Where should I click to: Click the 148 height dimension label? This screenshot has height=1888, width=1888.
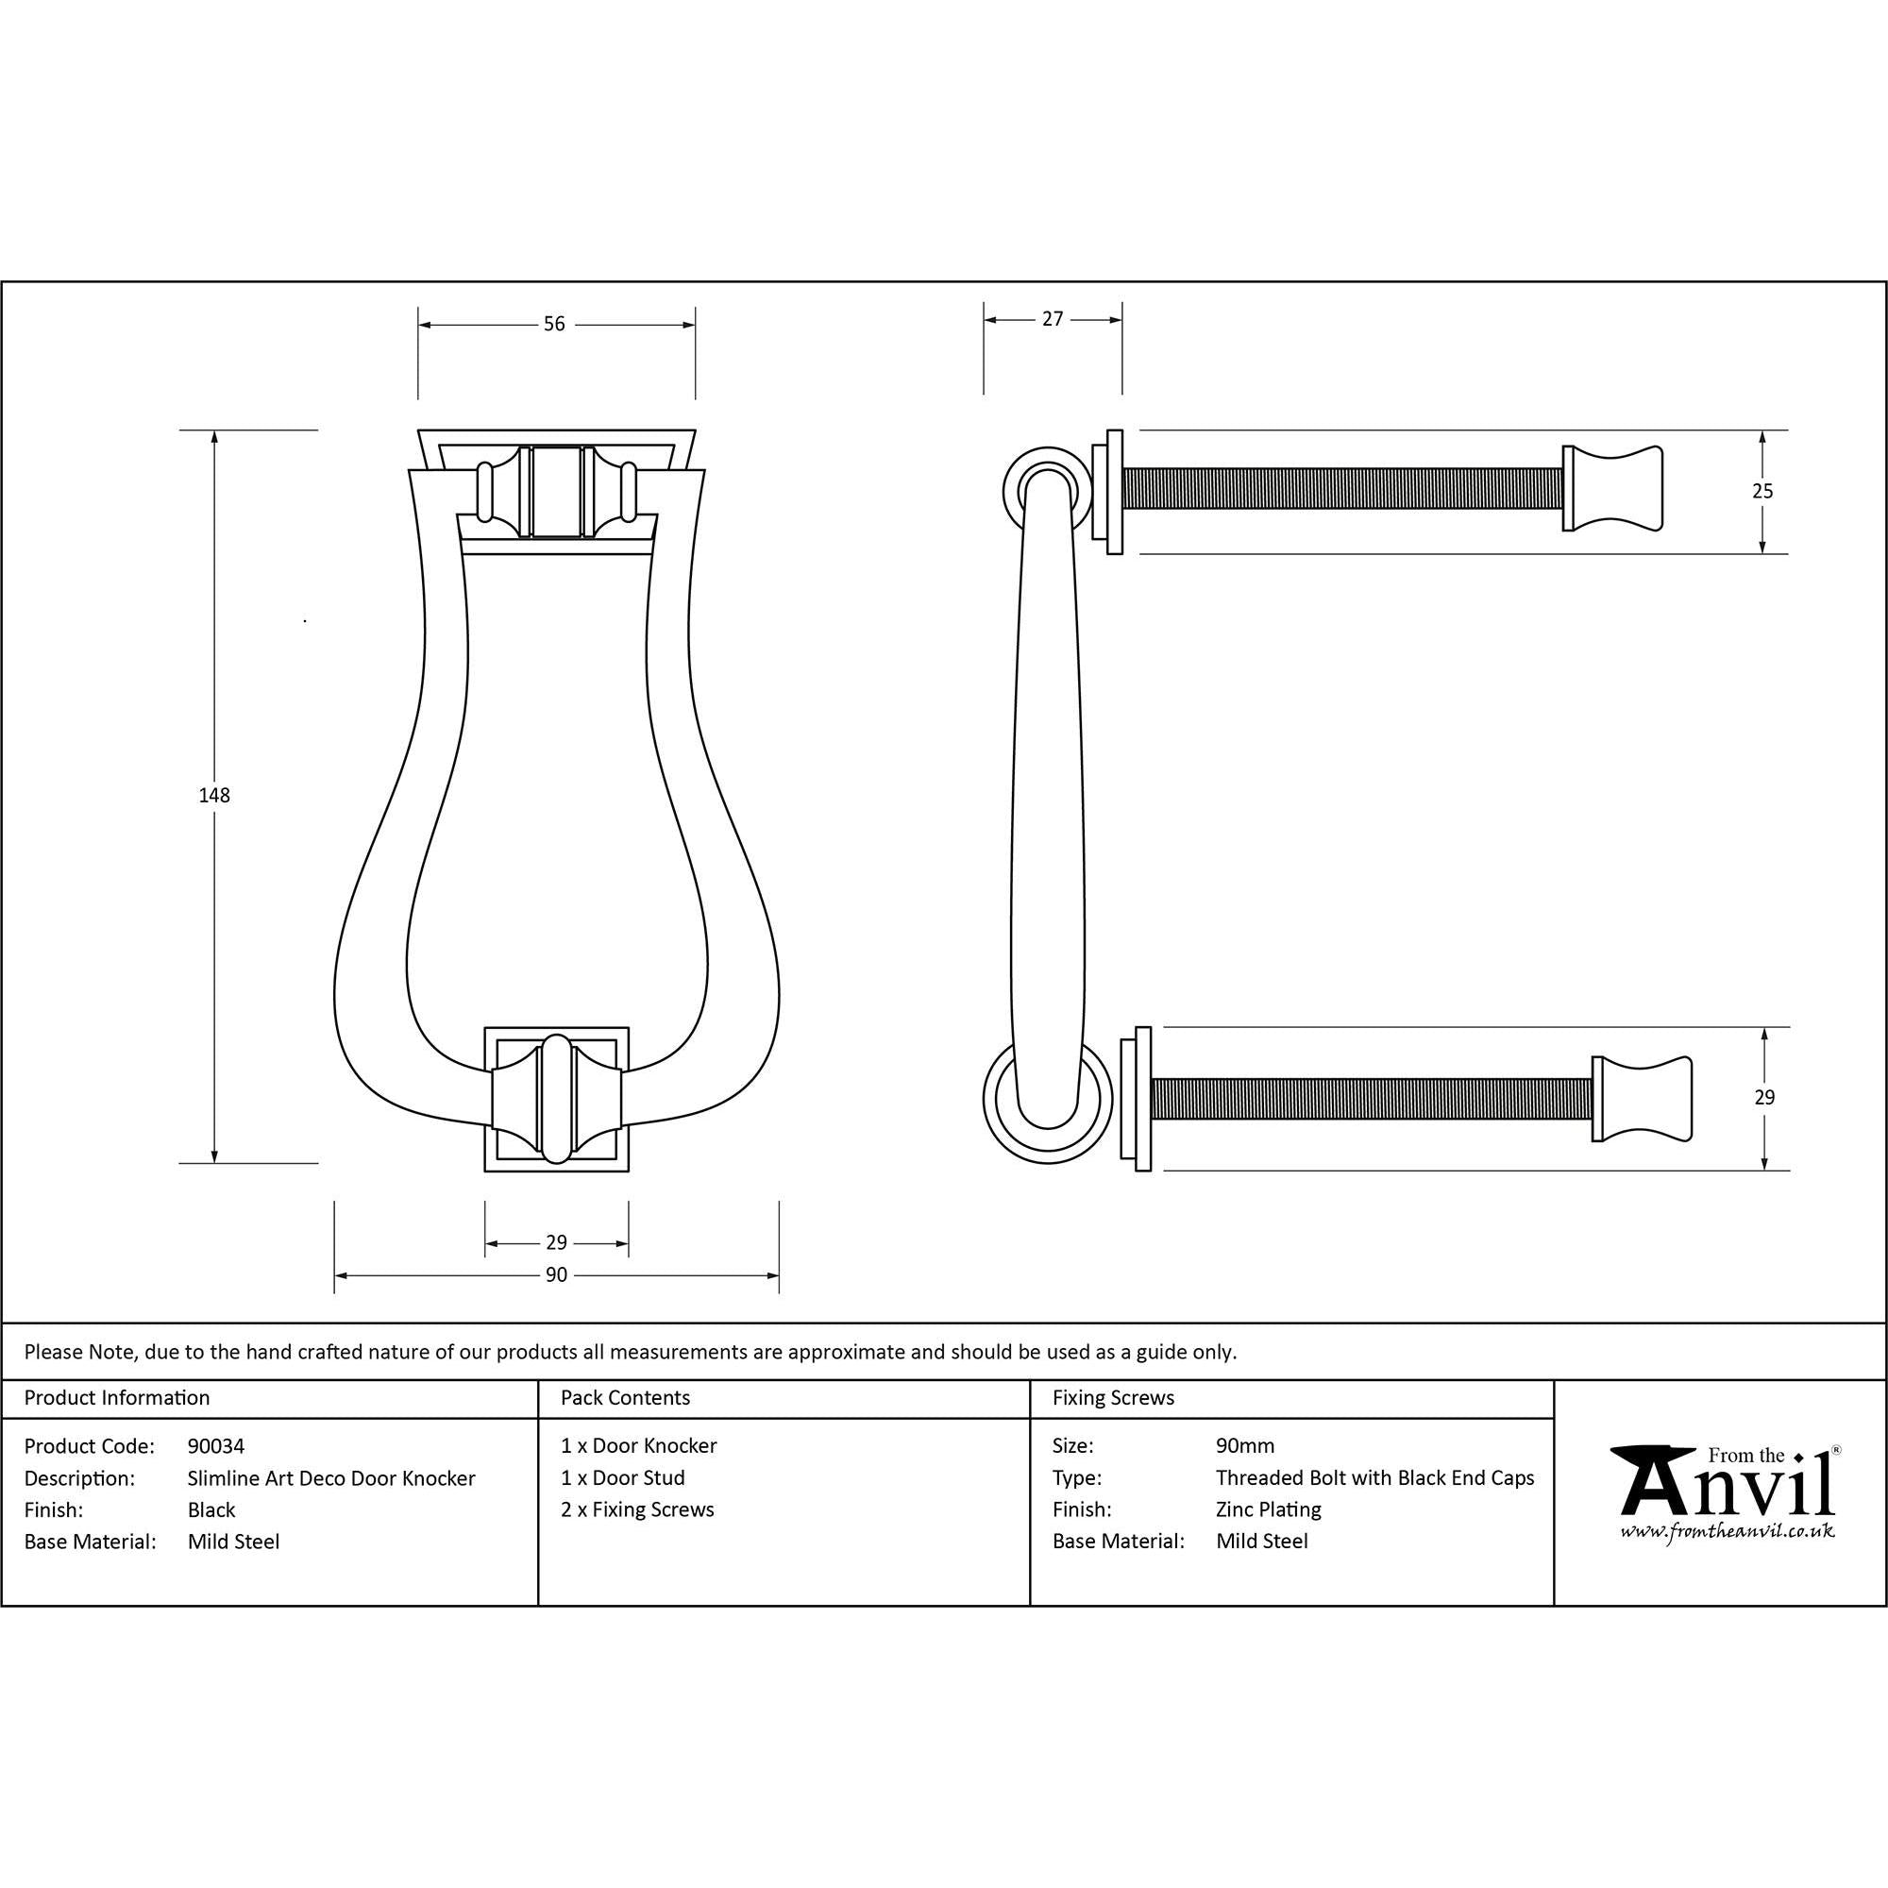[x=214, y=796]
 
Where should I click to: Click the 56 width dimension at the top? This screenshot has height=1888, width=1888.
[x=554, y=324]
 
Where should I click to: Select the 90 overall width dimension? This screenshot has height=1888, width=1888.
[x=556, y=1274]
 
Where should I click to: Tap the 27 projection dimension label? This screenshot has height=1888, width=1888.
[x=1052, y=318]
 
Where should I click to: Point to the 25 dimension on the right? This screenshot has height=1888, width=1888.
[x=1761, y=492]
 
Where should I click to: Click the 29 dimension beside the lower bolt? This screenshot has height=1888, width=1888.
[x=1762, y=1098]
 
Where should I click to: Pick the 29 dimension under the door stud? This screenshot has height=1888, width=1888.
[x=556, y=1242]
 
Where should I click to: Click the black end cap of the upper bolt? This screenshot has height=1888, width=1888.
[x=1611, y=489]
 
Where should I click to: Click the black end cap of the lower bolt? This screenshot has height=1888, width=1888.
[x=1641, y=1099]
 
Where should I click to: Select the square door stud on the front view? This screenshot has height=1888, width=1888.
[x=556, y=1099]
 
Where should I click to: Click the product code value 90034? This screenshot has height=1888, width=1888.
[x=216, y=1445]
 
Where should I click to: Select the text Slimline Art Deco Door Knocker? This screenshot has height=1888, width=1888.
[x=331, y=1477]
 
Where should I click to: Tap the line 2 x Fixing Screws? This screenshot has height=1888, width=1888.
[x=637, y=1509]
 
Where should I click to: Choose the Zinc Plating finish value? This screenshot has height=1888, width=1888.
[x=1268, y=1509]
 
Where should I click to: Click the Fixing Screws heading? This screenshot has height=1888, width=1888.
[x=1113, y=1397]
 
